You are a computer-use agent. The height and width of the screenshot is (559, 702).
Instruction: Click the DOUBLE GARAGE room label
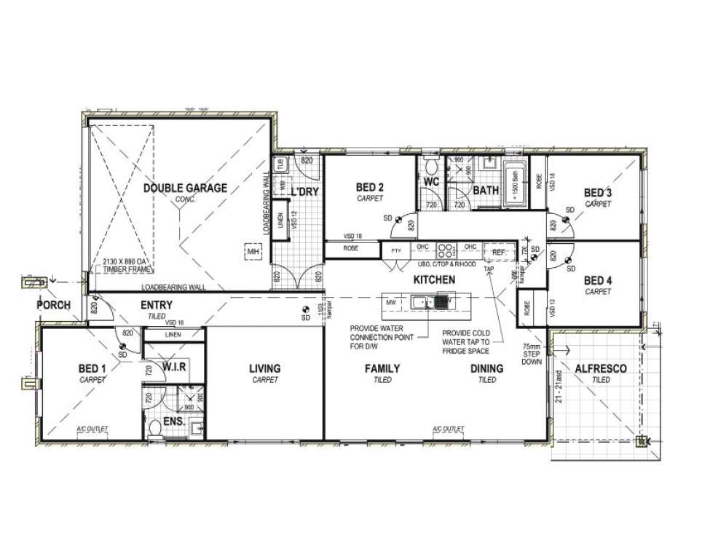point(185,188)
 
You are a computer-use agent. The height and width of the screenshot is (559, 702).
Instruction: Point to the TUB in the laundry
point(281,164)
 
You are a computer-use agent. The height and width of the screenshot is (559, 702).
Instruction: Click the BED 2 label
point(371,187)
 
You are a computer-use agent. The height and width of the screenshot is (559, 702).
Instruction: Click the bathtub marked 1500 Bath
point(515,181)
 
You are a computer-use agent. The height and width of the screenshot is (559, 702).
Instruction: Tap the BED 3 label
point(598,193)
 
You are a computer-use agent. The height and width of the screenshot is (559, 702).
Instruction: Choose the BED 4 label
point(598,280)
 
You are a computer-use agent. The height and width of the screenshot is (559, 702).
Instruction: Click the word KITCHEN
point(434,279)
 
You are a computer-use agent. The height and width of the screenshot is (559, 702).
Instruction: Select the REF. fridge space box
point(498,252)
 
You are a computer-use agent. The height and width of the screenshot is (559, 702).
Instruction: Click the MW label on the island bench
point(391,301)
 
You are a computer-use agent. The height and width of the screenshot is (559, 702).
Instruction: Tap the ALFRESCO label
point(601,369)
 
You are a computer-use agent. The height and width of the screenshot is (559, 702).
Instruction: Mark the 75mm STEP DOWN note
point(532,354)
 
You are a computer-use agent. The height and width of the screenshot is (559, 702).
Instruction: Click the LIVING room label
point(265,369)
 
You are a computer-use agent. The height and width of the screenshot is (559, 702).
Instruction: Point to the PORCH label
point(53,305)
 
